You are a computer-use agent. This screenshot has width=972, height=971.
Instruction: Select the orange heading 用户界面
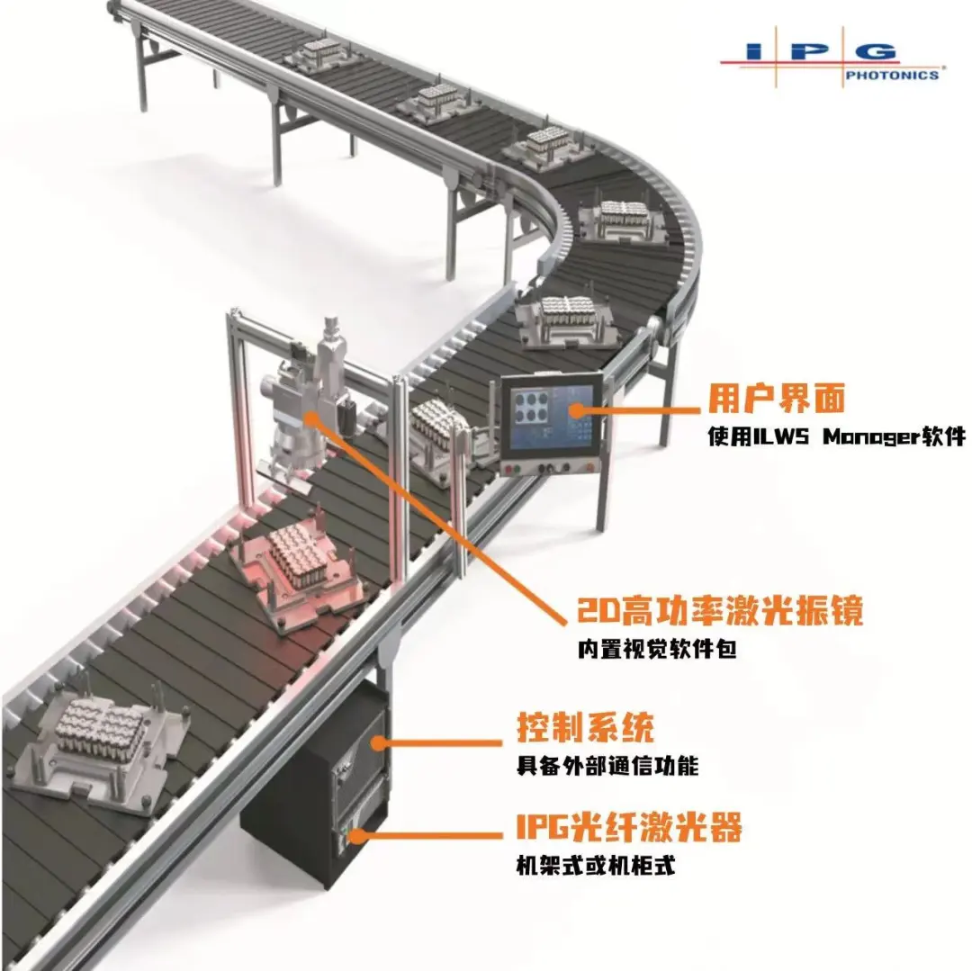pos(777,399)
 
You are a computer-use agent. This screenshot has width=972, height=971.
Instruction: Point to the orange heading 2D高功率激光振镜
pos(720,610)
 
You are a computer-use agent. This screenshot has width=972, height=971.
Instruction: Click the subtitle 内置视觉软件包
pos(657,649)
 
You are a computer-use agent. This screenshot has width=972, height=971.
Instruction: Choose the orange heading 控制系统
pos(585,727)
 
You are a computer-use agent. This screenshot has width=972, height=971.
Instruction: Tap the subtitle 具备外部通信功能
pos(607,767)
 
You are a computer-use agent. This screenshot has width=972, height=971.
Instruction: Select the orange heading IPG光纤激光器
pos(628,826)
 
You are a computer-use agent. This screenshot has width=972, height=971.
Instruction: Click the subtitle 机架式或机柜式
pos(596,865)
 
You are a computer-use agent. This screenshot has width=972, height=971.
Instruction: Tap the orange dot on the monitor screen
pos(577,410)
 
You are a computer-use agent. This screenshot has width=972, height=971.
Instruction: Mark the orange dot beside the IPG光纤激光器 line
pos(356,835)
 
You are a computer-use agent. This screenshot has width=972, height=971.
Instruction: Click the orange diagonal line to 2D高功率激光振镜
pos(439,520)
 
